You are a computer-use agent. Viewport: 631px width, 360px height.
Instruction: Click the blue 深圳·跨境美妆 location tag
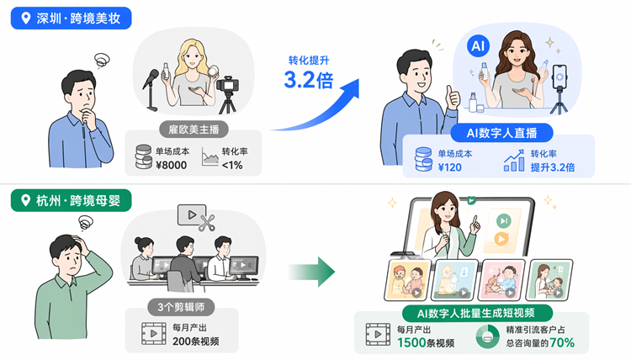pyautogui.click(x=71, y=19)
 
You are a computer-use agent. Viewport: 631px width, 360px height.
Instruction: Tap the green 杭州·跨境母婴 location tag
pyautogui.click(x=71, y=200)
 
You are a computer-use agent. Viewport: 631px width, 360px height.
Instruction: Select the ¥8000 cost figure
pyautogui.click(x=171, y=165)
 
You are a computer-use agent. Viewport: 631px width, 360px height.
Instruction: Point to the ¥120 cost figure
pyautogui.click(x=449, y=167)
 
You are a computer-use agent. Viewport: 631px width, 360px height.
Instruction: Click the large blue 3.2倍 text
pyautogui.click(x=309, y=80)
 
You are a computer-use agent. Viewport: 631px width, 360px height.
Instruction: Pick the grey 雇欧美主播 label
pyautogui.click(x=194, y=130)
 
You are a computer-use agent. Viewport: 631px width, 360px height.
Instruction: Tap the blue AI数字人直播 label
pyautogui.click(x=501, y=133)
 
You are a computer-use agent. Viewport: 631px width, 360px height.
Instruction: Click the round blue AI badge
pyautogui.click(x=478, y=46)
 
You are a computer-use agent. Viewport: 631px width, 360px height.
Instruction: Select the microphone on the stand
pyautogui.click(x=151, y=90)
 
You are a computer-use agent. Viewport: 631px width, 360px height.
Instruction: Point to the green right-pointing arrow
pyautogui.click(x=311, y=272)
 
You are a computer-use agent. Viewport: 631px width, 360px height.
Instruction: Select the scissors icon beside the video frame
pyautogui.click(x=207, y=223)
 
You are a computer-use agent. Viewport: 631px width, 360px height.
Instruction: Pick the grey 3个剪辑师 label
pyautogui.click(x=181, y=307)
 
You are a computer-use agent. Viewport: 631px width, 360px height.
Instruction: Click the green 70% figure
pyautogui.click(x=562, y=342)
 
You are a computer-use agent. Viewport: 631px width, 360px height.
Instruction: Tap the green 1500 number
pyautogui.click(x=411, y=342)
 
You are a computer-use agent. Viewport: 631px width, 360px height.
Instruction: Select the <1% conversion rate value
pyautogui.click(x=232, y=165)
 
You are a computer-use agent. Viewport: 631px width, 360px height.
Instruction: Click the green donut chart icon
pyautogui.click(x=487, y=336)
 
